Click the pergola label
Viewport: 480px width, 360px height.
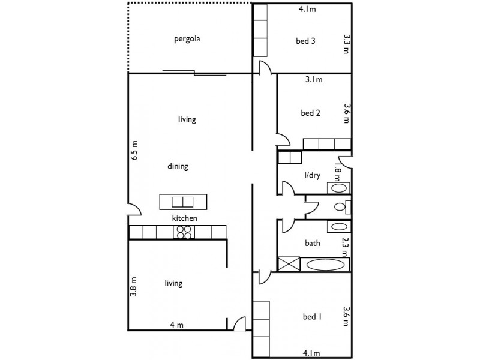tap(187, 40)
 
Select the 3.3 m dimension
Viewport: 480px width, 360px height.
tap(346, 43)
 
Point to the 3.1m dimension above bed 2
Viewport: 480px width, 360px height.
tap(313, 79)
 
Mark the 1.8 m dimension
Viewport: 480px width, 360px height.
tap(337, 173)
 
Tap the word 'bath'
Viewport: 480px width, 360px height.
tap(313, 244)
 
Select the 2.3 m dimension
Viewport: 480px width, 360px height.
tap(346, 246)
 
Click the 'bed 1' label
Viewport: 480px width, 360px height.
tap(312, 317)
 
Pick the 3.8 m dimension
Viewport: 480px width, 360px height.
tap(135, 287)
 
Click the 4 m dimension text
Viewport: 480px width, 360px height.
tap(176, 325)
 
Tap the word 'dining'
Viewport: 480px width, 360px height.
tap(178, 167)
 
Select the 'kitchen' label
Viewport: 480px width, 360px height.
tap(185, 218)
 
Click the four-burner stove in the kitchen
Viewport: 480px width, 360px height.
tap(184, 232)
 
